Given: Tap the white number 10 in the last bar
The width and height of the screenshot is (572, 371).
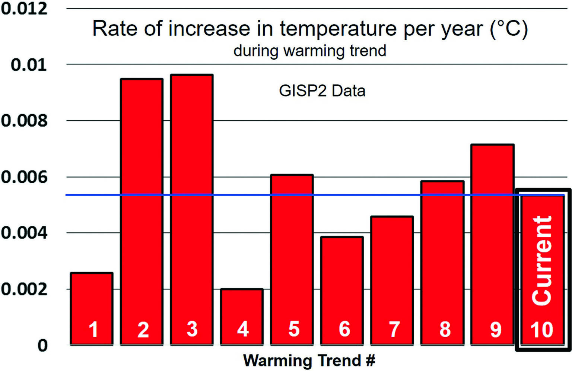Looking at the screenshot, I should [542, 330].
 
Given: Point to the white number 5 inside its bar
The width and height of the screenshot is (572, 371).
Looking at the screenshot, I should [294, 329].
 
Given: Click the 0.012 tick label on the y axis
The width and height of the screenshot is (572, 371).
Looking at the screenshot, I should [24, 9].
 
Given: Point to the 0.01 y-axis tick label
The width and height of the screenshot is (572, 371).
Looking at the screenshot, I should [29, 65].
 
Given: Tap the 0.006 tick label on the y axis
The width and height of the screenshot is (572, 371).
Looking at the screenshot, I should [24, 177].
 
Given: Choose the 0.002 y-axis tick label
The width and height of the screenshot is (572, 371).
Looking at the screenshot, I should [24, 289].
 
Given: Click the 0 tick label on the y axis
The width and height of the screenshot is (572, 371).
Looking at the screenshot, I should [42, 345].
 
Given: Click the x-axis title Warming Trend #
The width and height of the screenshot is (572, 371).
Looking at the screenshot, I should [309, 361].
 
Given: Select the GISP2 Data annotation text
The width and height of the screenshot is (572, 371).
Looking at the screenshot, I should [322, 91].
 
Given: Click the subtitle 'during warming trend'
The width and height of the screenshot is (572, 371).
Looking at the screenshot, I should [310, 51].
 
